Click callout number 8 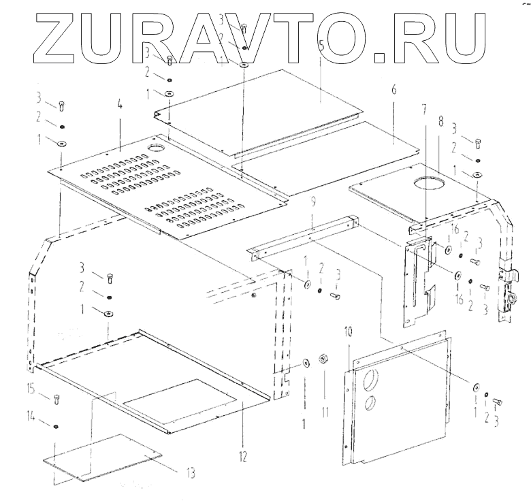click(440, 121)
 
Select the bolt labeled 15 click(57, 400)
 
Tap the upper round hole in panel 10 click(373, 378)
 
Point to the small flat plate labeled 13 click(102, 457)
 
